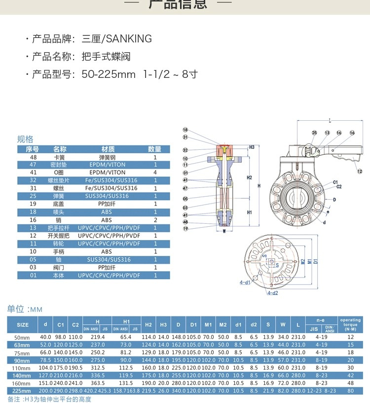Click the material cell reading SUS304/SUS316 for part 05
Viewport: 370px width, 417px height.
107,259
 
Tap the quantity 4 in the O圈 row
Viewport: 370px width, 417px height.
155,173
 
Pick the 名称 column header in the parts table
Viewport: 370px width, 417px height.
60,149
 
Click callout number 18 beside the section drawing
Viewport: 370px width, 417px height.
185,129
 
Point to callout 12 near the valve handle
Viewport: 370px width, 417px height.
360,172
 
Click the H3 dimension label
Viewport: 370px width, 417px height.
252,147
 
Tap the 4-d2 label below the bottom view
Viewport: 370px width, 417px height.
272,293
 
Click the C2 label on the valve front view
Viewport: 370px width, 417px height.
339,187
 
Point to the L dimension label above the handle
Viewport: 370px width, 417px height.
329,120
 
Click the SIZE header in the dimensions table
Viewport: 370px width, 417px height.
23,325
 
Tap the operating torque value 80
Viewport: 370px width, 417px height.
351,391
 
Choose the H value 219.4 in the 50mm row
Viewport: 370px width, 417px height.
98,337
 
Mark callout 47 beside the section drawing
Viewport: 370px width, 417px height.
185,188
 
